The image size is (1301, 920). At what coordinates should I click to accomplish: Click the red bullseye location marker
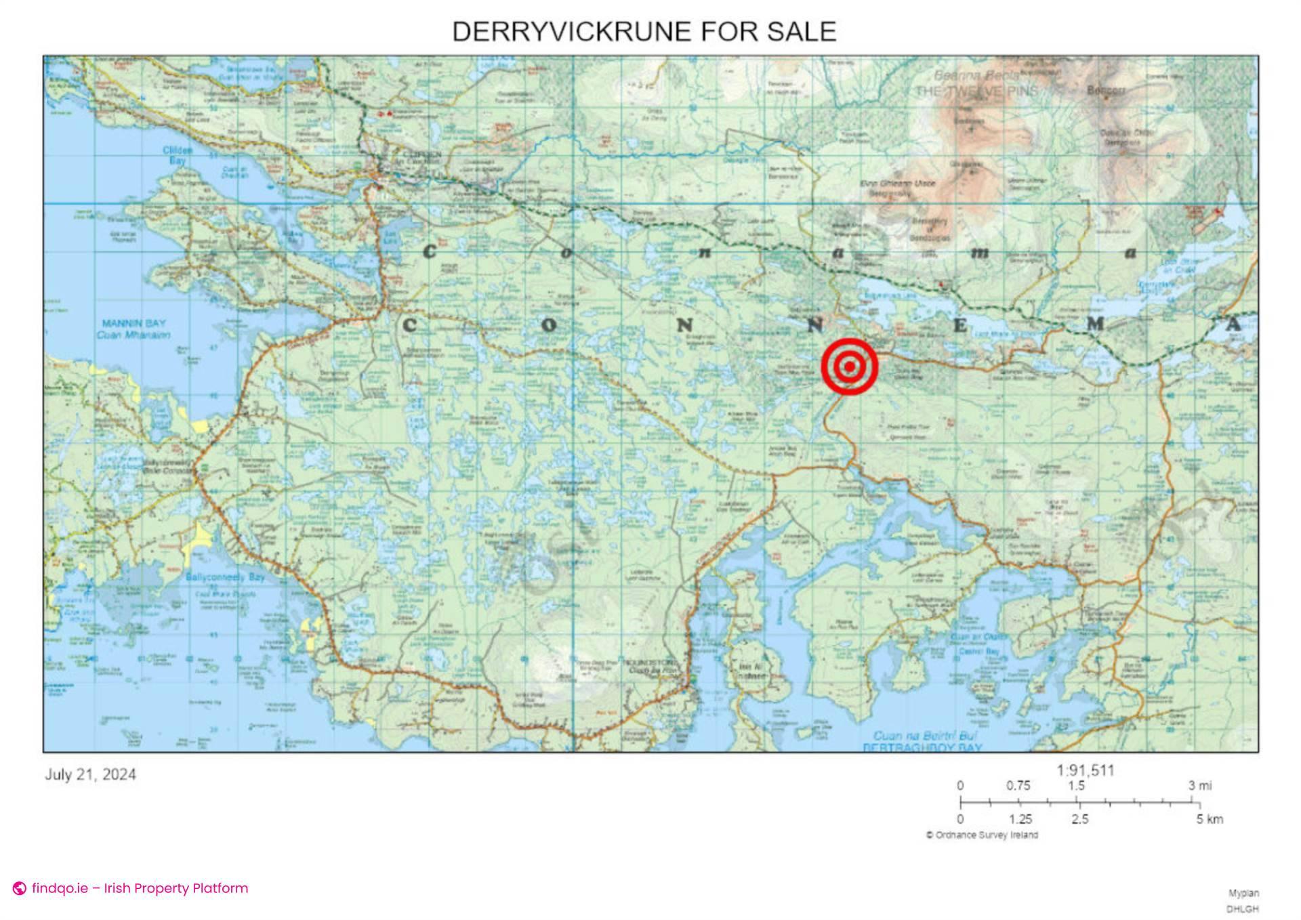click(x=849, y=366)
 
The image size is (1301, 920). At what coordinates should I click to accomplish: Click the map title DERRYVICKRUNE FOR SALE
click(x=644, y=32)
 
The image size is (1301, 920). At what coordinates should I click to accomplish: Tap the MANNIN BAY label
click(x=133, y=324)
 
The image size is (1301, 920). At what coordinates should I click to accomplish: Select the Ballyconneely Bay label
click(x=225, y=577)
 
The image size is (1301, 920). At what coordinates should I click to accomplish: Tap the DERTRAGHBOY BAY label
click(x=922, y=747)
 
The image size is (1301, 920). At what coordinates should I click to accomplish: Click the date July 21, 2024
click(x=90, y=774)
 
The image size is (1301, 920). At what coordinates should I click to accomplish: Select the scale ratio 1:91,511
click(x=1085, y=770)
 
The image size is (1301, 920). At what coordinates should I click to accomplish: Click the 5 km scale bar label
click(x=1210, y=819)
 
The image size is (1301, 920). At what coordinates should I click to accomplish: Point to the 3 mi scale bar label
click(x=1199, y=786)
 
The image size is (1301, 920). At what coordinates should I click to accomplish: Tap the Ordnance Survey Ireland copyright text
click(x=982, y=835)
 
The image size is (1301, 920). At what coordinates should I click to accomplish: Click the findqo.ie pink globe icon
click(x=20, y=888)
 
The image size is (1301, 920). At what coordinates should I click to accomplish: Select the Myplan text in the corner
click(x=1243, y=894)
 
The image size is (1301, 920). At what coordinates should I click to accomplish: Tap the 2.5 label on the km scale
click(x=1079, y=819)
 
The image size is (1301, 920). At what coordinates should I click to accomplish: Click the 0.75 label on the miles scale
click(x=1018, y=786)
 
